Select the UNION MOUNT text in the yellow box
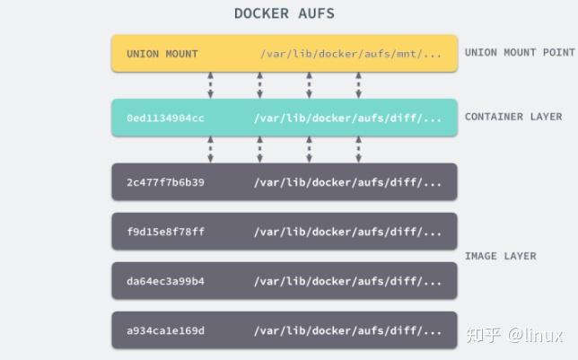click(x=162, y=54)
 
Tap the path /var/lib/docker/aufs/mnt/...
click(x=351, y=54)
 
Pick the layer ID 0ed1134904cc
click(x=165, y=119)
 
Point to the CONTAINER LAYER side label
click(x=513, y=117)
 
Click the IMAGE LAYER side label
click(x=500, y=256)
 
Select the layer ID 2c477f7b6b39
click(x=165, y=182)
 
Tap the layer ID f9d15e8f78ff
click(x=165, y=232)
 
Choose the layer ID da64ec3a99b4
click(x=165, y=281)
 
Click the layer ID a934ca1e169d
click(x=165, y=330)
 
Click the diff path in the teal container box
click(x=348, y=119)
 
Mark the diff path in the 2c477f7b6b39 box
click(x=348, y=182)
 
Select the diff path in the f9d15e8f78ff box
click(x=348, y=232)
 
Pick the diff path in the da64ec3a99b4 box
click(x=348, y=281)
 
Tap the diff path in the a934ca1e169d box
click(x=348, y=330)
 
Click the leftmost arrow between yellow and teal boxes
click(x=210, y=85)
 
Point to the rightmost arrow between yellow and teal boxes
click(x=358, y=85)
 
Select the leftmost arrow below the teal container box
click(x=210, y=150)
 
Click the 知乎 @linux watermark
click(x=512, y=335)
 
